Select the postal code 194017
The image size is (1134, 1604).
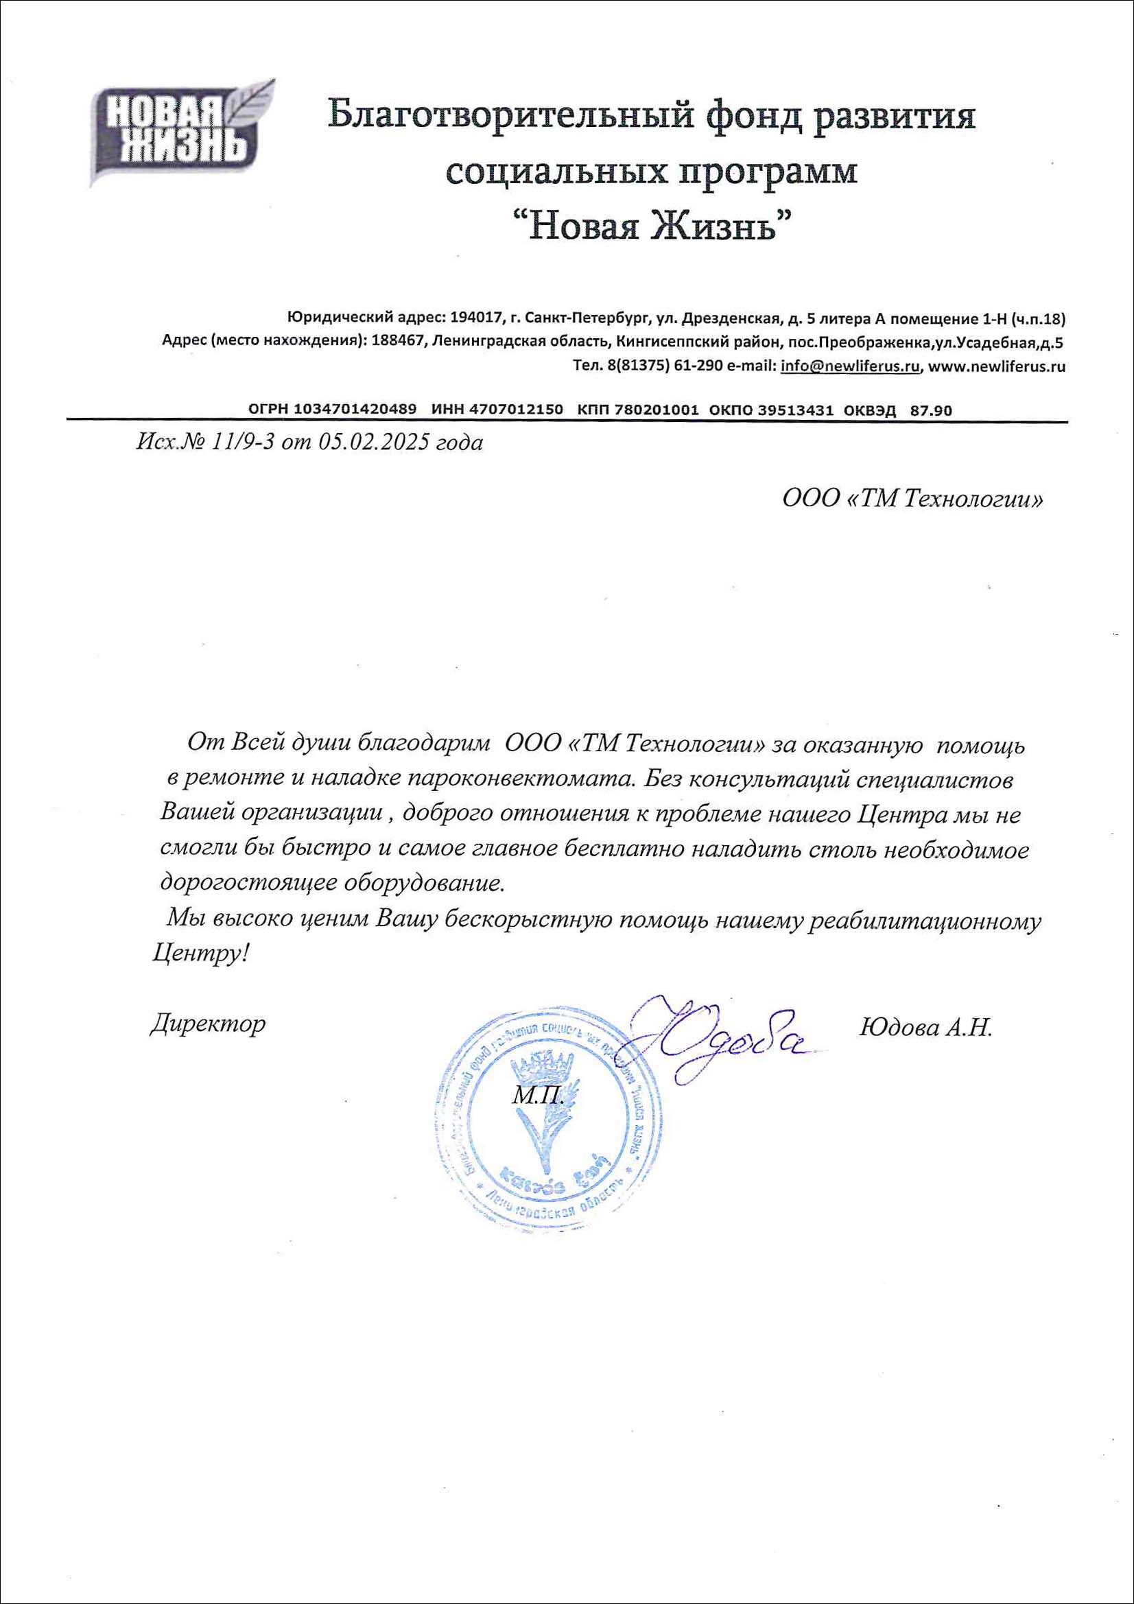point(477,318)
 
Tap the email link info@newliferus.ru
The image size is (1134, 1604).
point(849,366)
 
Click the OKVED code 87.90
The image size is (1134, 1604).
point(930,411)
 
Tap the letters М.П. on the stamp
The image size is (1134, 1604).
point(538,1096)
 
